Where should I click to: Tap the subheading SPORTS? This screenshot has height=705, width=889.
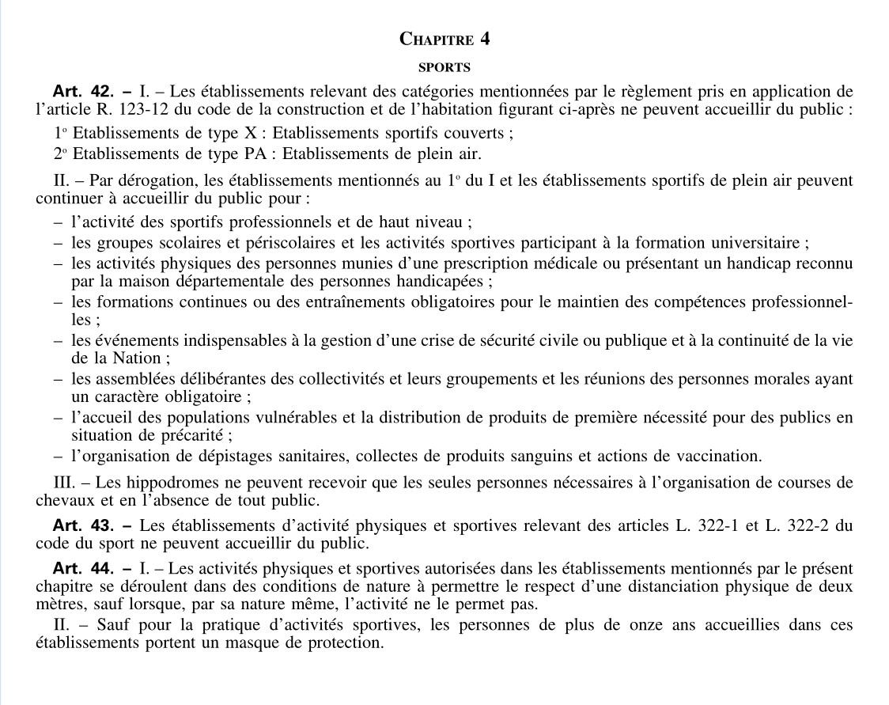click(x=444, y=67)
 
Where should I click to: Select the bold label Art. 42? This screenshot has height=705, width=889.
click(x=83, y=91)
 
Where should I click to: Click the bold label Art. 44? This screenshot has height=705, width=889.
click(x=83, y=568)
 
